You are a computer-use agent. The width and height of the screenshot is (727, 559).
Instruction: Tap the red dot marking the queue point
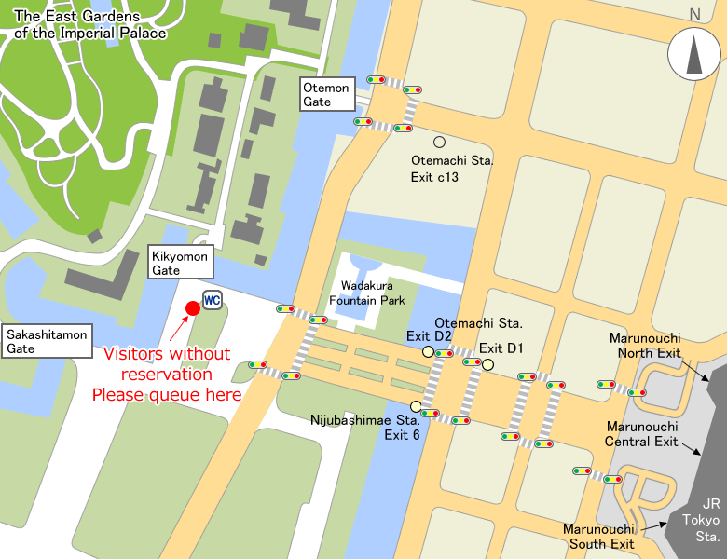coord(193,307)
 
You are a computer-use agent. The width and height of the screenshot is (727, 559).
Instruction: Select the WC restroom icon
coord(213,301)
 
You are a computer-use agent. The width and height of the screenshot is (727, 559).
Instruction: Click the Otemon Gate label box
coord(326,95)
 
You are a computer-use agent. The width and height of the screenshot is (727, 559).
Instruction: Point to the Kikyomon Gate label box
coord(182,263)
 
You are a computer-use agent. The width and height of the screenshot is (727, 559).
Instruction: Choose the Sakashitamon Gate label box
coord(47,341)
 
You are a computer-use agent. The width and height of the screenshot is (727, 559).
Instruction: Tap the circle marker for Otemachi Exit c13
coord(439,142)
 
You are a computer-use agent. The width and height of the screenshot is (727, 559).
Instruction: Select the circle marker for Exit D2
coord(428,352)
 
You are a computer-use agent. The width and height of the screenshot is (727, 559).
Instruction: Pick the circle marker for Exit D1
coord(487,364)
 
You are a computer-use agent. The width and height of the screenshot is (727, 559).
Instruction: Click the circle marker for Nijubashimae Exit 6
coord(416,406)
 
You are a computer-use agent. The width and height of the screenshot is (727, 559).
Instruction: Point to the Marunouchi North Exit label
coord(645,345)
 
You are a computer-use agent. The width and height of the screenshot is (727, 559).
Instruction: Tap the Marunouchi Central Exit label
coord(642,433)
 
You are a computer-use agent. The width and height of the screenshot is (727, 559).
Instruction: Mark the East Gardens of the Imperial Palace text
coord(90,25)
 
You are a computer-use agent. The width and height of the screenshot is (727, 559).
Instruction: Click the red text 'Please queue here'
coord(166,395)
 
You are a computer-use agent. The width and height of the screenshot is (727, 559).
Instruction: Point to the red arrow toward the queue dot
coord(177,329)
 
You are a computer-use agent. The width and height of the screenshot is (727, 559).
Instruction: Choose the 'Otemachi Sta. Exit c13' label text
coord(452,168)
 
